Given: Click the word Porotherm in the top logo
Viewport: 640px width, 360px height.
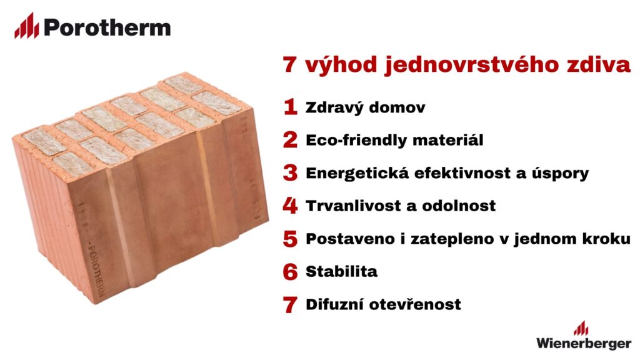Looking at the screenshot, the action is tap(107, 27).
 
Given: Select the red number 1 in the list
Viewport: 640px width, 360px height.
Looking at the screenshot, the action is tap(290, 107).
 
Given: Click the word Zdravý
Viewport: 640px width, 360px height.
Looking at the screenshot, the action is tap(334, 107).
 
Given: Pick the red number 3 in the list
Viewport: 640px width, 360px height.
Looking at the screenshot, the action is tap(290, 172).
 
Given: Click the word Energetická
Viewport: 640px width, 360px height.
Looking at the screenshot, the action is tap(357, 173).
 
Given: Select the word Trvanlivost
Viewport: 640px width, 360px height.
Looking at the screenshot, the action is tap(355, 205).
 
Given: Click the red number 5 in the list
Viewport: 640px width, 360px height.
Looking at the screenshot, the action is tap(290, 238).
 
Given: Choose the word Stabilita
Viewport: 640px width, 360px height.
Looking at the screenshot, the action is tap(342, 271).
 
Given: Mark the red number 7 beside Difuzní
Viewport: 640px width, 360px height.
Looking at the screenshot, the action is tap(290, 304).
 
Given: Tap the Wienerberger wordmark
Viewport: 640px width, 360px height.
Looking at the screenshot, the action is tap(584, 343).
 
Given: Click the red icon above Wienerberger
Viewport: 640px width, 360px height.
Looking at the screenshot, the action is tap(581, 328).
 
